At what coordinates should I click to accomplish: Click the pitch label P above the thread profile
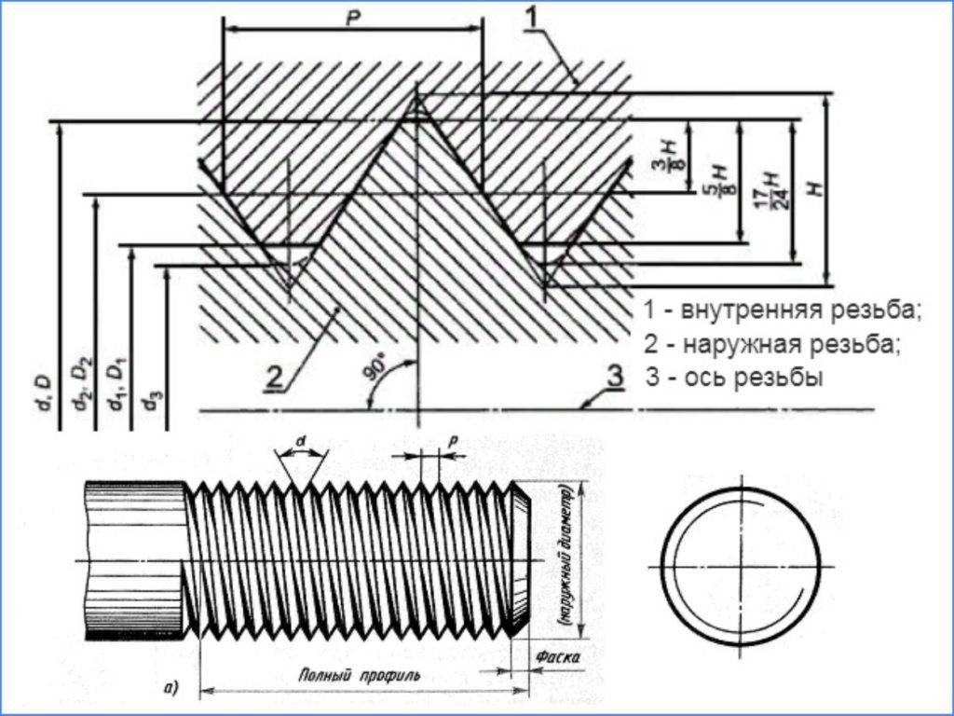[x=352, y=18]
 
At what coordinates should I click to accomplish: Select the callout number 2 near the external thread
[x=273, y=377]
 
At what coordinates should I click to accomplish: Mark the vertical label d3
[x=148, y=399]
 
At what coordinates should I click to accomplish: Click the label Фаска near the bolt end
[x=559, y=658]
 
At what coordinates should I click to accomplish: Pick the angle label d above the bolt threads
[x=301, y=440]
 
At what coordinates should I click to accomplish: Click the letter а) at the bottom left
[x=170, y=689]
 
